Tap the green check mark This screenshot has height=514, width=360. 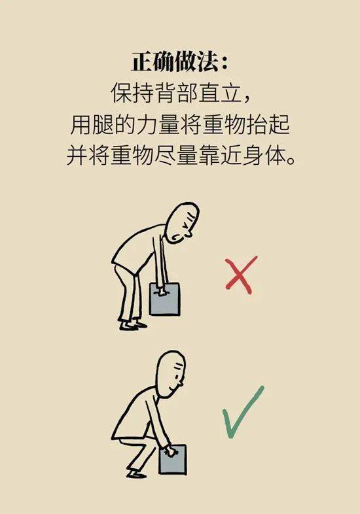click(242, 413)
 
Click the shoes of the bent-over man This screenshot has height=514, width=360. click(132, 323)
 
